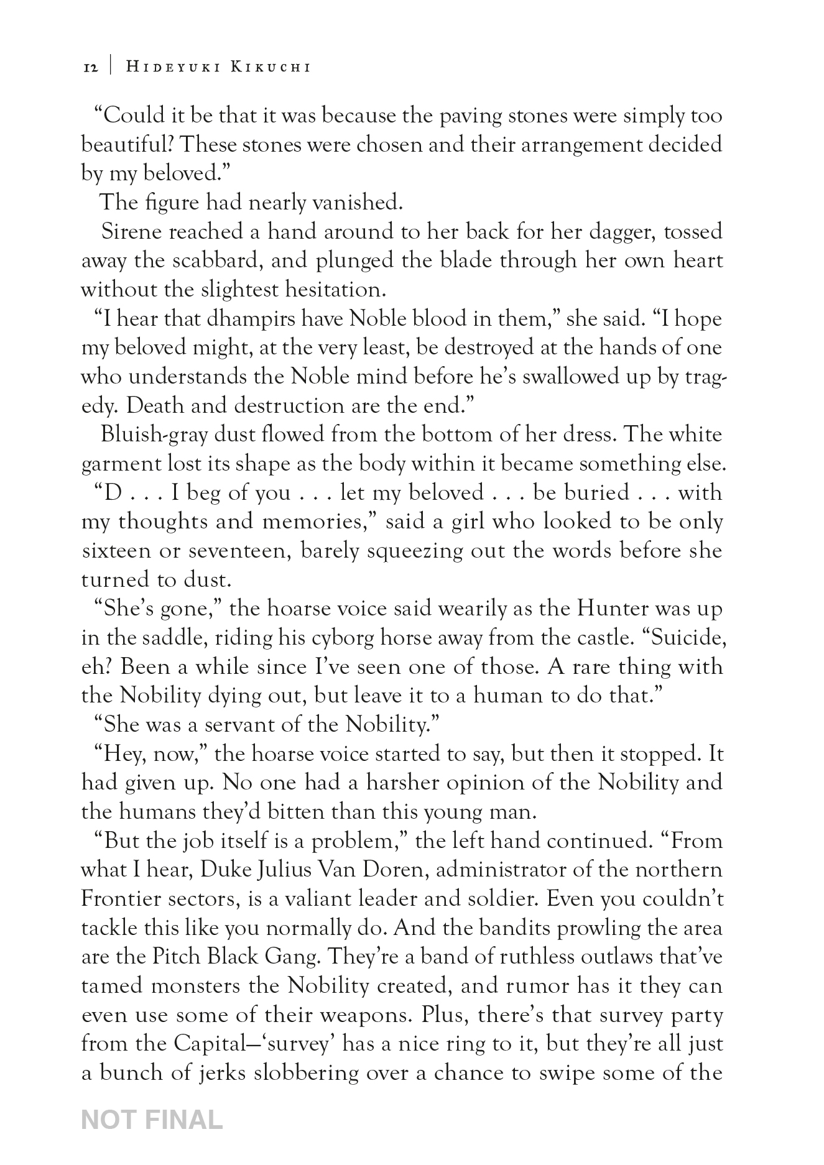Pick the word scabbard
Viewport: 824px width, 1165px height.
tap(205, 260)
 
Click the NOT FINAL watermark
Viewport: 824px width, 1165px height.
tap(152, 1120)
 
